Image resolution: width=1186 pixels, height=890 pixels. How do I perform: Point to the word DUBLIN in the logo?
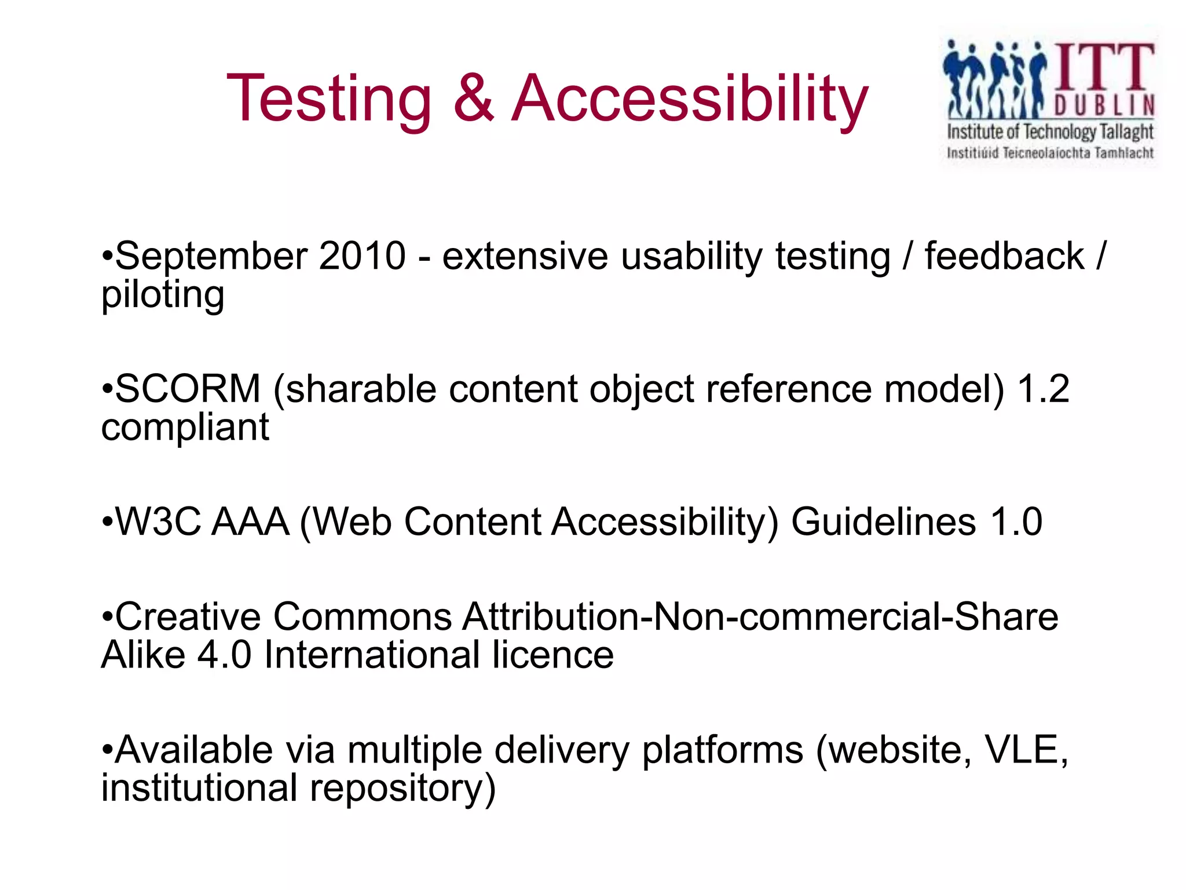coord(1104,106)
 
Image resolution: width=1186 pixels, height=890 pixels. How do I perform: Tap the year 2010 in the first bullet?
coord(363,256)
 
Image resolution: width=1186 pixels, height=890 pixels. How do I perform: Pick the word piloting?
coord(163,296)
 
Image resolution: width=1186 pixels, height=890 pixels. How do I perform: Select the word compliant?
coord(185,428)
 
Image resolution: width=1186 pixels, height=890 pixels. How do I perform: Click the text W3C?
coord(158,522)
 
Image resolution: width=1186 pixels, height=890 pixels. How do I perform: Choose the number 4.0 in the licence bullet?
coord(224,655)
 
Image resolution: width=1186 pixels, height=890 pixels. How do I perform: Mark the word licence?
coord(552,655)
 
